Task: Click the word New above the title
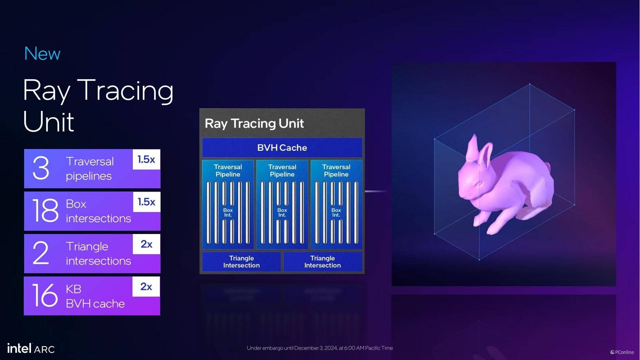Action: (42, 54)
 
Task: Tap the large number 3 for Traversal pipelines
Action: (41, 168)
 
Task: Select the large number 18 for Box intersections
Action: (45, 210)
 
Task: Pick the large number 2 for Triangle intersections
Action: (41, 253)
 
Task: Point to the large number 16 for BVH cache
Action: (45, 295)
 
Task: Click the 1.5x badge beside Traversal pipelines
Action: (147, 159)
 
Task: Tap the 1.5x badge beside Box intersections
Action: (147, 202)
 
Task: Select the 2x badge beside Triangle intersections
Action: (147, 244)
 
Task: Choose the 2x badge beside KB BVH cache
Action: (146, 287)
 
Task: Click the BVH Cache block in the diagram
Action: (282, 148)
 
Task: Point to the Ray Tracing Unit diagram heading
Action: (254, 123)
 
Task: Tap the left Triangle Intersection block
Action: (242, 262)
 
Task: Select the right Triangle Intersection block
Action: (323, 262)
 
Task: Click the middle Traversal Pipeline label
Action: (282, 171)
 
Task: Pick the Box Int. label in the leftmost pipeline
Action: (228, 212)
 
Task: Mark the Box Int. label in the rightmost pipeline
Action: (336, 212)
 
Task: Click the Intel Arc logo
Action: (31, 348)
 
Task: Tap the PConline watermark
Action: (622, 352)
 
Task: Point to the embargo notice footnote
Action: (320, 348)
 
